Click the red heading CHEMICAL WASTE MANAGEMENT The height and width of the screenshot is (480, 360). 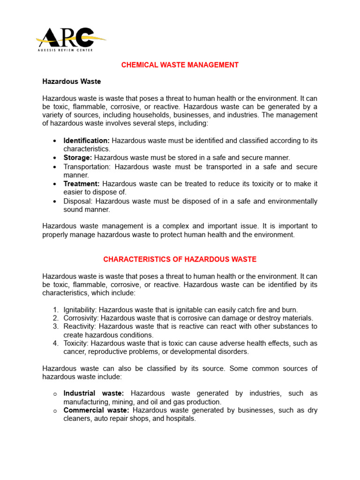180,65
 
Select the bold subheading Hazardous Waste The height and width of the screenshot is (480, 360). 71,82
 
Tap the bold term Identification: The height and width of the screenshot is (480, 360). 87,141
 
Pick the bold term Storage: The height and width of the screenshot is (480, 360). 78,158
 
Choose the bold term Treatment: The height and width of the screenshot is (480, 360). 82,184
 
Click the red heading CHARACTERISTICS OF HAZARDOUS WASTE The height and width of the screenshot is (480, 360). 180,259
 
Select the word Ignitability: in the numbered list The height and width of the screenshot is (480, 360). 80,310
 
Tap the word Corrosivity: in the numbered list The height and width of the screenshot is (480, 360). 80,318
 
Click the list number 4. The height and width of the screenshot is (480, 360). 55,344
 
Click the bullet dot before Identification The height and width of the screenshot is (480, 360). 55,141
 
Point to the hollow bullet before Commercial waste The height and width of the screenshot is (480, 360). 55,411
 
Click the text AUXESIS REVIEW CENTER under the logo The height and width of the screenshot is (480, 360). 64,50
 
